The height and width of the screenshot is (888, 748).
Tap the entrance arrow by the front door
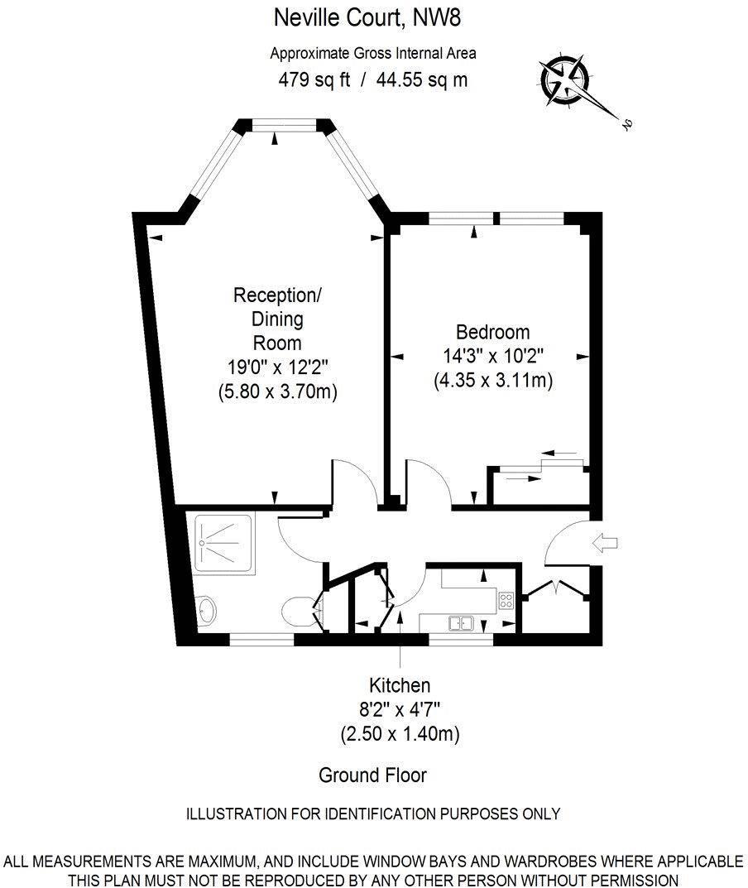tap(605, 543)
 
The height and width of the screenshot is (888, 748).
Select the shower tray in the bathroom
tap(223, 545)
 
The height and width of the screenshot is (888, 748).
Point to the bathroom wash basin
tap(207, 611)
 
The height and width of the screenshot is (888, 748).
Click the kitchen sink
tap(461, 623)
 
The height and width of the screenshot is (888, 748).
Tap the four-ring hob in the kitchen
tap(506, 600)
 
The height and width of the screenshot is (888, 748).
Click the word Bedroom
tap(492, 332)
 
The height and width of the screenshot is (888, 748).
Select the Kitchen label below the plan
tap(400, 685)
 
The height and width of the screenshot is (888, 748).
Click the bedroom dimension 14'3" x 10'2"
tap(492, 356)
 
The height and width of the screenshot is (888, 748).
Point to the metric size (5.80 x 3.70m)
tap(277, 391)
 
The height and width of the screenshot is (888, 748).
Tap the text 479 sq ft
tap(314, 79)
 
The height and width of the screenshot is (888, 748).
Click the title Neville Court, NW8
tap(367, 17)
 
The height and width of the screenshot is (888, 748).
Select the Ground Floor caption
tap(372, 775)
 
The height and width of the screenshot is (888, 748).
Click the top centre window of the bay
tap(284, 125)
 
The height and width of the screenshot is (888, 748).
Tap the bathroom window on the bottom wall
tap(261, 640)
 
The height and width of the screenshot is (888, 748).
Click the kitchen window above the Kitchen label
tap(461, 640)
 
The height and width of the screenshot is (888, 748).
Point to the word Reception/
tap(277, 295)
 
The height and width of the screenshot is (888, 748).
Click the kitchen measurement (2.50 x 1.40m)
tap(400, 734)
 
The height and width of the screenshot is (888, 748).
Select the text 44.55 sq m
tap(423, 79)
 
